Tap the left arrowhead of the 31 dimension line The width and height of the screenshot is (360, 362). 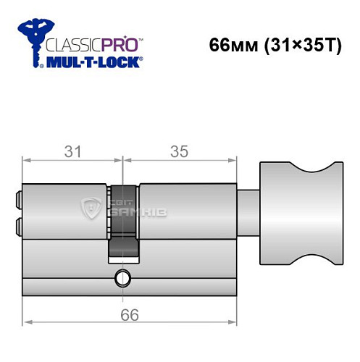(26, 161)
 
